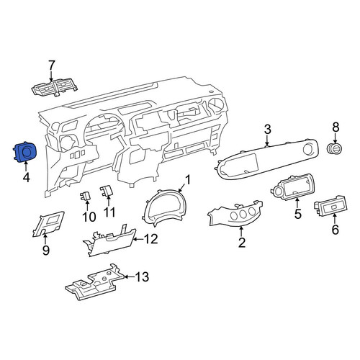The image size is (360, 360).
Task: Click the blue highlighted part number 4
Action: (x=24, y=153)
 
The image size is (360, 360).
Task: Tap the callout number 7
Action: (x=52, y=66)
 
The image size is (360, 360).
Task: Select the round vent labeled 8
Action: (x=335, y=149)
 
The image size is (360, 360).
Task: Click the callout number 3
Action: (x=268, y=130)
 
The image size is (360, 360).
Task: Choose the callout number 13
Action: (x=142, y=277)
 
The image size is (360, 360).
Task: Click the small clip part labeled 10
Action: (x=85, y=196)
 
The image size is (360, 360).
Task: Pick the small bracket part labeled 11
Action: (x=107, y=191)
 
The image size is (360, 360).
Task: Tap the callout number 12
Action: (x=150, y=239)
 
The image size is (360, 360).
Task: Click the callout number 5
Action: (x=297, y=213)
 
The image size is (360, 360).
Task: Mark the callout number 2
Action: (x=242, y=242)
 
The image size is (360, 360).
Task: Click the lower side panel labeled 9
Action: (x=49, y=224)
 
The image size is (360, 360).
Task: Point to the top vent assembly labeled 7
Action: (x=55, y=89)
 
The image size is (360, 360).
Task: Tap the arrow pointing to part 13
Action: (x=130, y=277)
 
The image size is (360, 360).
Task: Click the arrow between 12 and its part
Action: (x=138, y=239)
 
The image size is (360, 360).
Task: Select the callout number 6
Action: (x=335, y=230)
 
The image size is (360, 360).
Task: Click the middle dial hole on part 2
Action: (x=243, y=215)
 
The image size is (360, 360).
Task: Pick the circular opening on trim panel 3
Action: (x=308, y=149)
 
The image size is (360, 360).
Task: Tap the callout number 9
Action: (x=45, y=250)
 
